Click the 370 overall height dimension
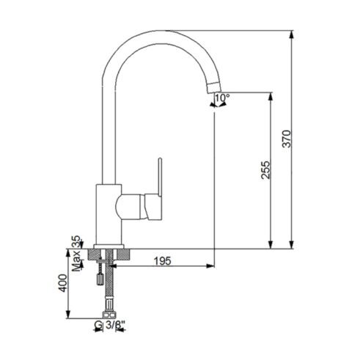[287, 139]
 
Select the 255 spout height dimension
[265, 169]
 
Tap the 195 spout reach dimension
[163, 261]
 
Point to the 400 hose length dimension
[63, 283]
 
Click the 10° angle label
[222, 98]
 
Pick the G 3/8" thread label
[110, 325]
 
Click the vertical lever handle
[160, 177]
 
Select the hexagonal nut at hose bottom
[109, 315]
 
